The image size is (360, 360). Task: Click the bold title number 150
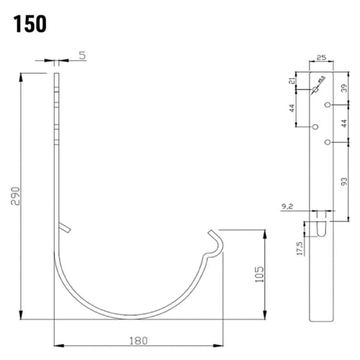(x=28, y=24)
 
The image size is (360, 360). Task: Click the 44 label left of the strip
(x=293, y=108)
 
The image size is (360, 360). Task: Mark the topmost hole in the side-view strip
(x=315, y=90)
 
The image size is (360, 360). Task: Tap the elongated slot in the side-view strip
(x=320, y=228)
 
